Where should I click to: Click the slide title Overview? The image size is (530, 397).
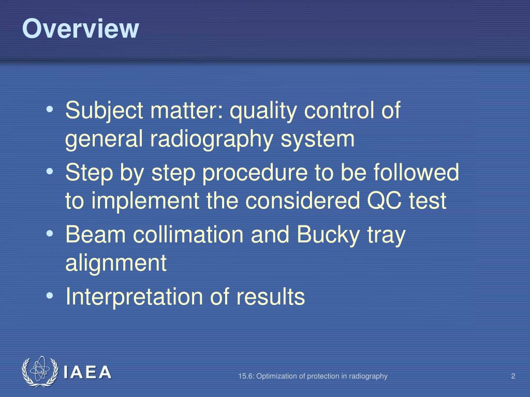tap(80, 29)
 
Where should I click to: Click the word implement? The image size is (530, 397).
tap(139, 202)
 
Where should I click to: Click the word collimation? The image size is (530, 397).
tap(188, 235)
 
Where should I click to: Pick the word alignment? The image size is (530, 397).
tap(116, 264)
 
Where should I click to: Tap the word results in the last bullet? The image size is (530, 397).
tap(271, 297)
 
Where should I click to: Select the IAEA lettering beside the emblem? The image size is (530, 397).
tap(87, 373)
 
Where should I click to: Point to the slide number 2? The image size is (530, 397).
tap(513, 376)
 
